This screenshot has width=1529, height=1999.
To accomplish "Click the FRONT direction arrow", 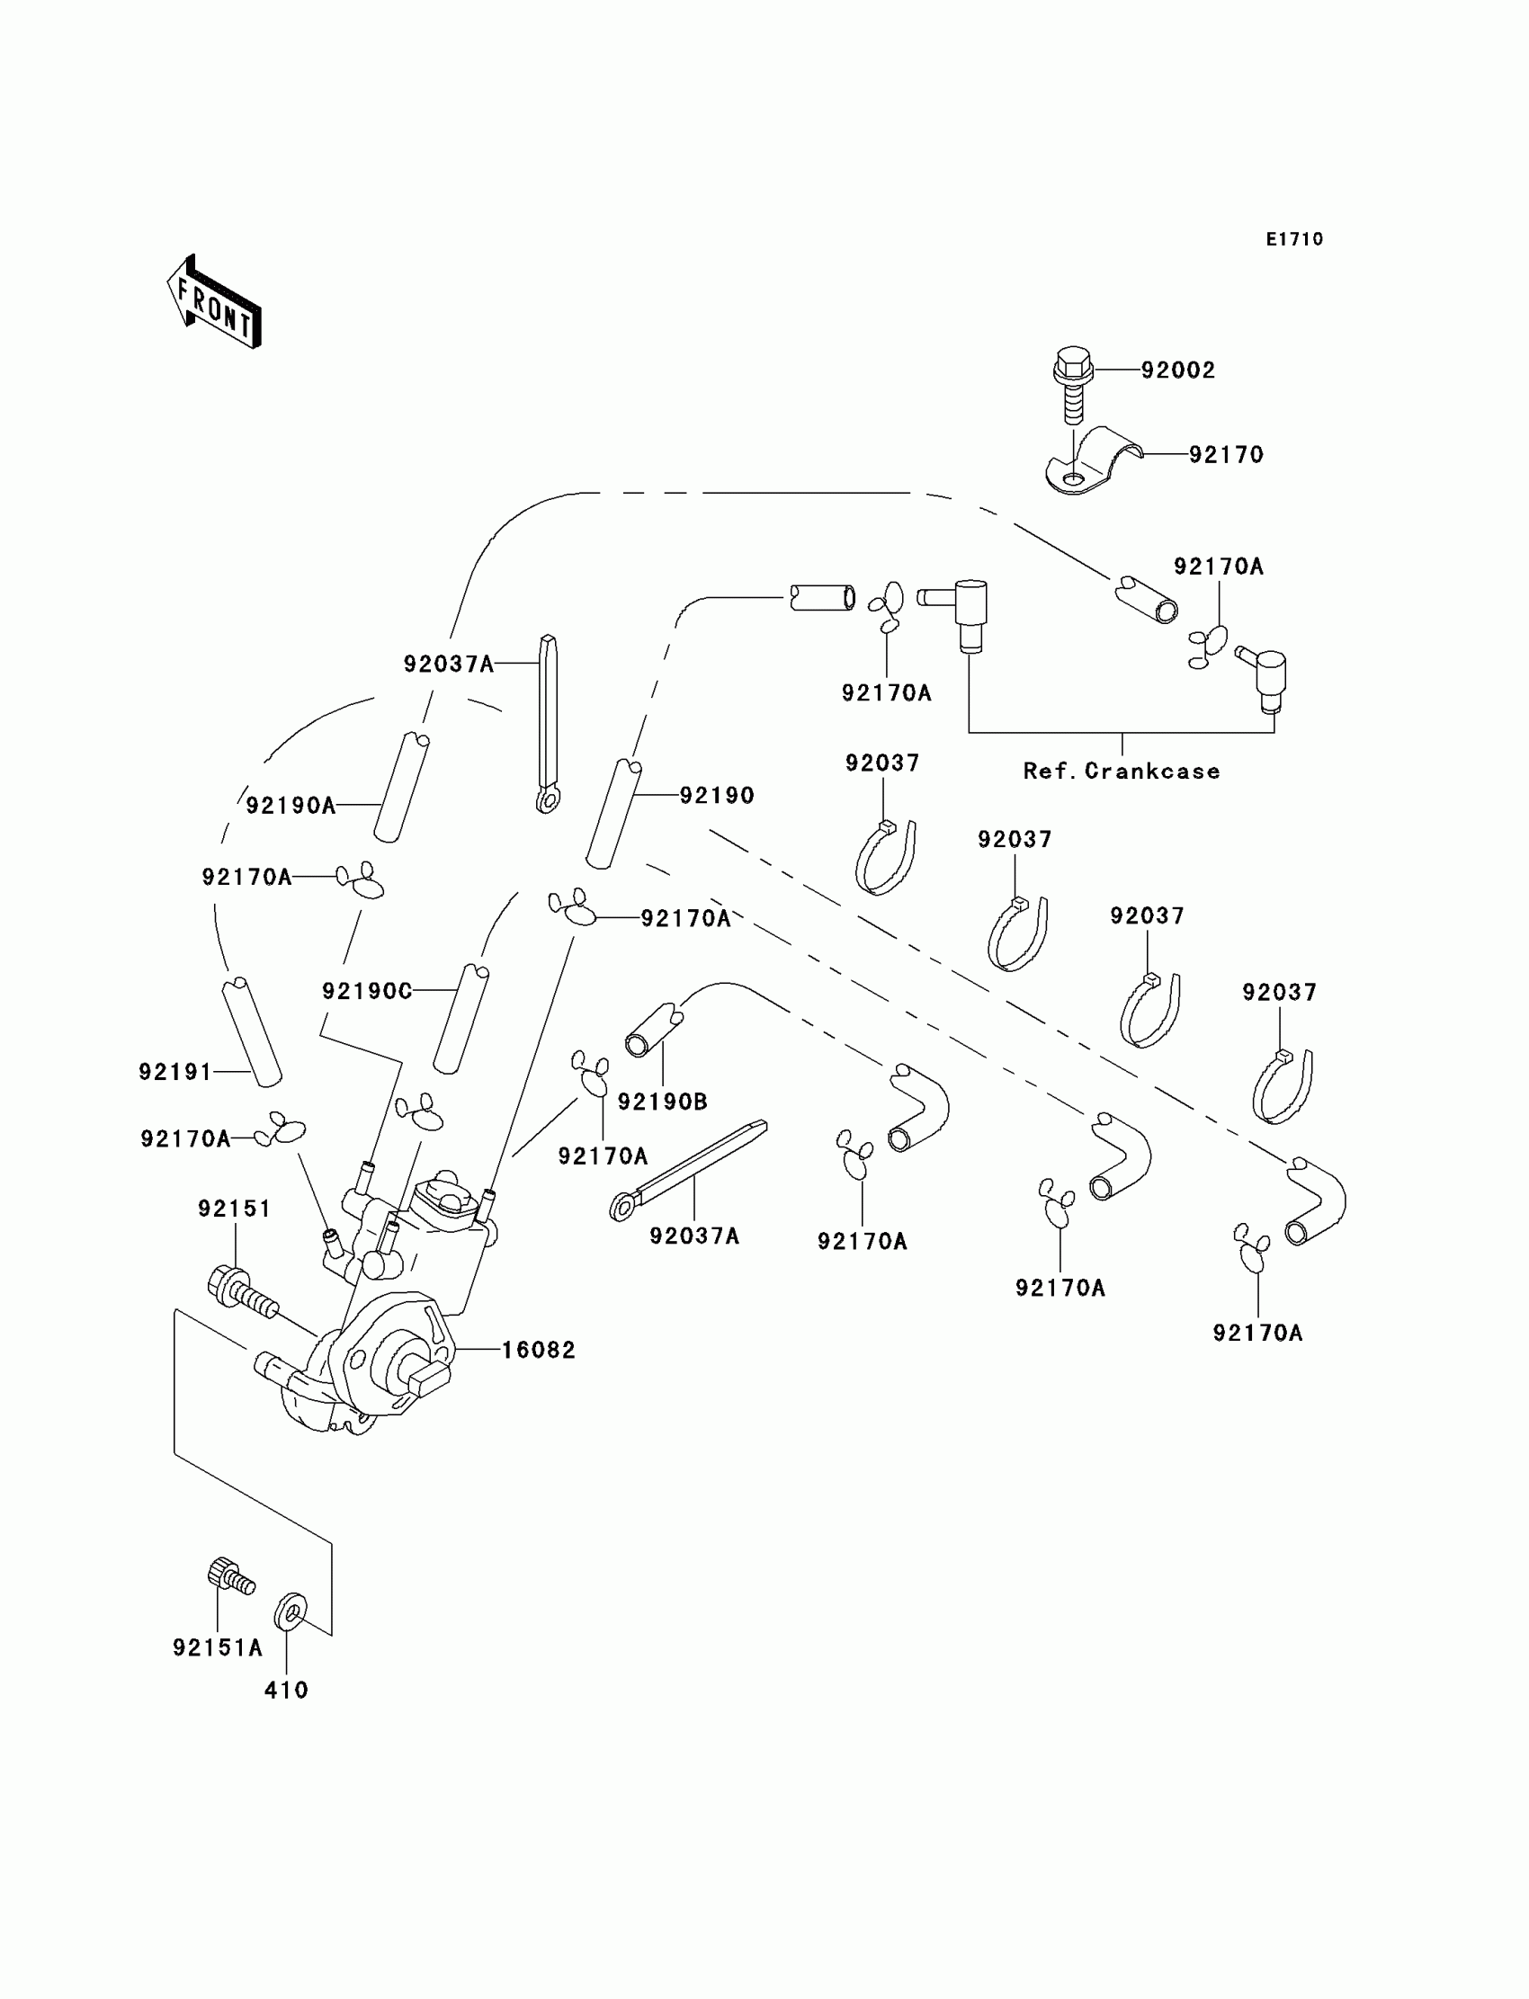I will [x=215, y=303].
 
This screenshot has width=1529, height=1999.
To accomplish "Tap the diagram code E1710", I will [x=1294, y=239].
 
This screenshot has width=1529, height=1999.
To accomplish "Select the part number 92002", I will [x=1177, y=370].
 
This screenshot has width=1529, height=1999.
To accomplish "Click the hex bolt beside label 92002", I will [x=1074, y=382].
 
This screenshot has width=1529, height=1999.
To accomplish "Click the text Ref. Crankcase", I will [x=1122, y=772].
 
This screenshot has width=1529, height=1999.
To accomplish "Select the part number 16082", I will [x=539, y=1351].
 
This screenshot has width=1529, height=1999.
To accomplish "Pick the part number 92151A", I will [x=218, y=1647].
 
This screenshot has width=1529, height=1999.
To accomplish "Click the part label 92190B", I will [x=663, y=1102].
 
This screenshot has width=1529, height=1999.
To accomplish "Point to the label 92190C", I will [x=367, y=991].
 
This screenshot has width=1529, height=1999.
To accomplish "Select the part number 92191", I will [x=174, y=1072].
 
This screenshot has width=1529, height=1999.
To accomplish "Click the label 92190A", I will [x=291, y=805].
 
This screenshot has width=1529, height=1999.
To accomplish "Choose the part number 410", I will [x=286, y=1691].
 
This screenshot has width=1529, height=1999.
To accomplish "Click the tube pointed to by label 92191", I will [x=252, y=1031].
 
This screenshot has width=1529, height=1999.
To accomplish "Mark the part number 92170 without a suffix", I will [x=1226, y=454].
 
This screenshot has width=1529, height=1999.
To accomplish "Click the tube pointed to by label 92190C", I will [x=461, y=1019].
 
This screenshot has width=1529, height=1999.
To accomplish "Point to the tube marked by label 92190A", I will [x=401, y=787].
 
